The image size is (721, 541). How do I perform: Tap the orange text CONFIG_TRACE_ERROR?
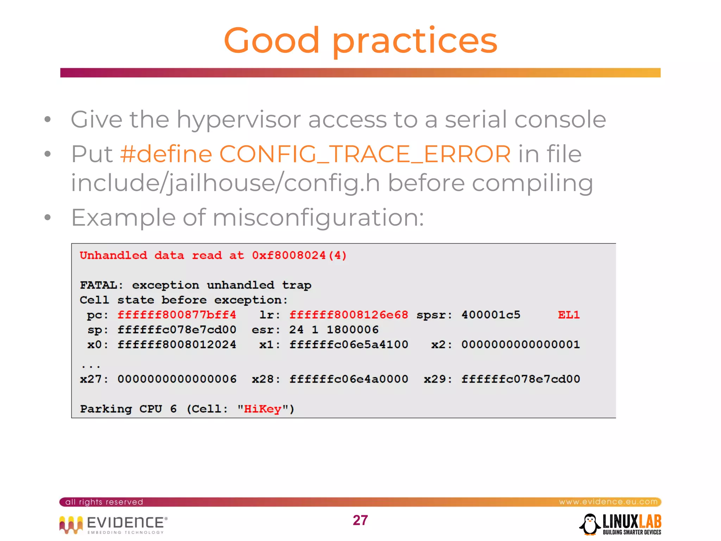pyautogui.click(x=365, y=154)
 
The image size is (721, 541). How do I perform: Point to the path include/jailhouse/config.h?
pyautogui.click(x=225, y=183)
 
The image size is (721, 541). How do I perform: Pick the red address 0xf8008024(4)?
pyautogui.click(x=299, y=255)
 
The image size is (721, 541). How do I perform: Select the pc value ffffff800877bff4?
pyautogui.click(x=177, y=315)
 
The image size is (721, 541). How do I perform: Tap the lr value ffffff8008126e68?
pyautogui.click(x=349, y=315)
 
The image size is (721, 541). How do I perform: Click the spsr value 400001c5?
pyautogui.click(x=491, y=315)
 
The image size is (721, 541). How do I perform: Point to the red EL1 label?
pyautogui.click(x=569, y=315)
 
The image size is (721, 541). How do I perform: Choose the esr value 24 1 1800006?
pyautogui.click(x=334, y=330)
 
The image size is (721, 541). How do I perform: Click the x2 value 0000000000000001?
pyautogui.click(x=520, y=344)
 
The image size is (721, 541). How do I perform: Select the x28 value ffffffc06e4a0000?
pyautogui.click(x=349, y=379)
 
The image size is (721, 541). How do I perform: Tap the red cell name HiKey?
pyautogui.click(x=262, y=409)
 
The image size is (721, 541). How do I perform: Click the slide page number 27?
pyautogui.click(x=360, y=520)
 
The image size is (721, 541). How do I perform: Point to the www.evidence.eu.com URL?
pyautogui.click(x=608, y=502)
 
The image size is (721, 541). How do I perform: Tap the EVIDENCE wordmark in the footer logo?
pyautogui.click(x=125, y=522)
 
